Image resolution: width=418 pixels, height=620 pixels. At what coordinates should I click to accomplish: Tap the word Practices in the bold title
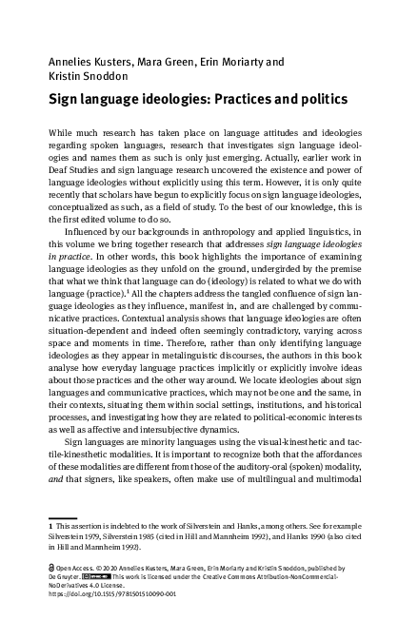[x=253, y=99]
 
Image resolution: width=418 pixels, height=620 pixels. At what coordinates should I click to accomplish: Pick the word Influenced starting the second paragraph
[x=90, y=231]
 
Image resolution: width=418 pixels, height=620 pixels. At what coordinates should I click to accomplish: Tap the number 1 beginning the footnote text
[x=50, y=524]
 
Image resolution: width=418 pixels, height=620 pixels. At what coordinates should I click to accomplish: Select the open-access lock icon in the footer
[x=51, y=565]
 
